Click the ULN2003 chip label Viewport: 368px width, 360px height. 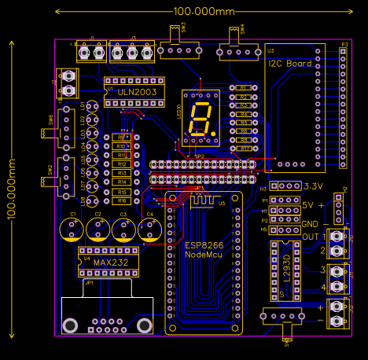(x=137, y=92)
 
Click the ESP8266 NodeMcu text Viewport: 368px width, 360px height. (x=204, y=251)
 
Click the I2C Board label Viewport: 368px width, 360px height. (x=289, y=64)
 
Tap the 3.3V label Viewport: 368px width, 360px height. (x=313, y=187)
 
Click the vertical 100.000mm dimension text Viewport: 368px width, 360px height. (x=11, y=189)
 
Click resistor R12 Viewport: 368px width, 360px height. (x=122, y=164)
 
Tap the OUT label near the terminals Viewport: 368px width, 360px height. (x=311, y=237)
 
